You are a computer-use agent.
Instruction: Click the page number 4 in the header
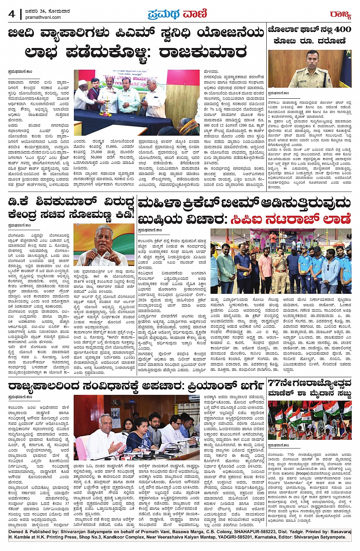click(11, 14)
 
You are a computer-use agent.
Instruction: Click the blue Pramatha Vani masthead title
click(177, 14)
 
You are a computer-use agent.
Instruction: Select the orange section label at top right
click(340, 15)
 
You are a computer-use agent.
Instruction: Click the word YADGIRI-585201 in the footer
click(215, 537)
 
